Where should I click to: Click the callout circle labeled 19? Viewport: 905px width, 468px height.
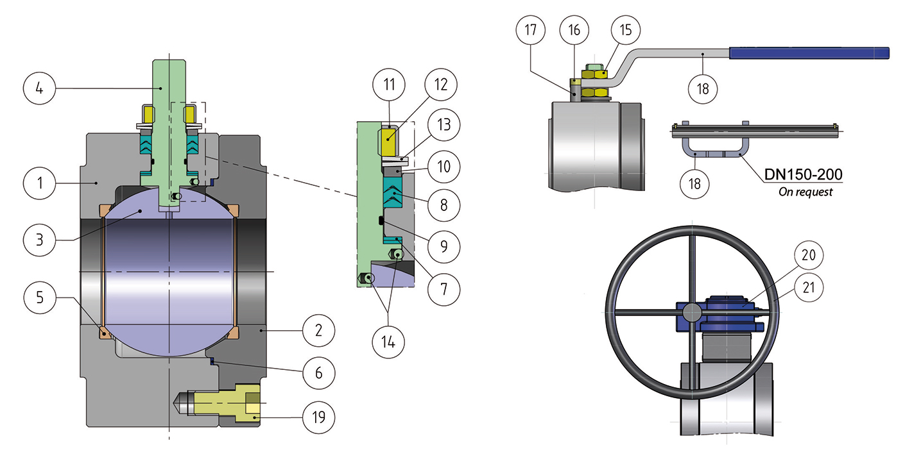[x=318, y=418]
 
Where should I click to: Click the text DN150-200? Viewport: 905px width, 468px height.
[x=803, y=174]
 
